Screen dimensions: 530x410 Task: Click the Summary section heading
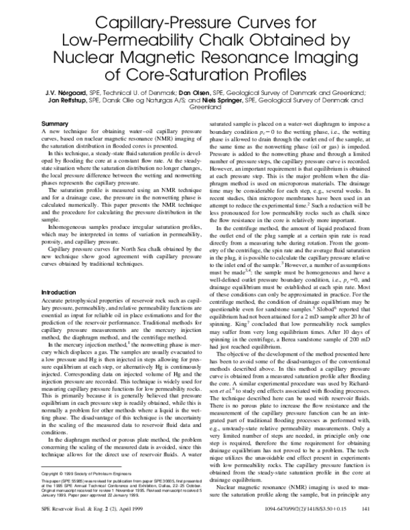pos(55,124)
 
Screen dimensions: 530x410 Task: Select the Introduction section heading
pos(59,273)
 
